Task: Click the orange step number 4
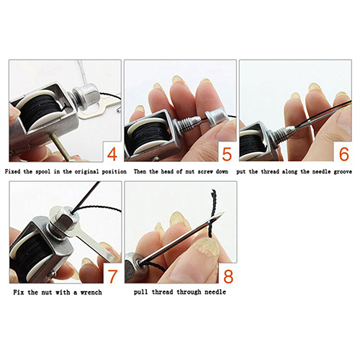point(112,154)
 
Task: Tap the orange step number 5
point(227,154)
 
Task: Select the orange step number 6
point(343,154)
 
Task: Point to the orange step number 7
point(112,276)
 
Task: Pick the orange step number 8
point(228,276)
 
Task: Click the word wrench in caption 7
point(91,292)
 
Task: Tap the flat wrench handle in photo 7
point(96,244)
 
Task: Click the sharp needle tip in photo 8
point(223,213)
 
